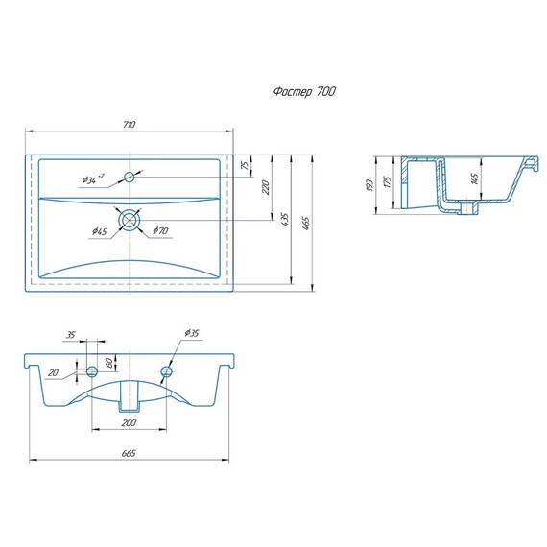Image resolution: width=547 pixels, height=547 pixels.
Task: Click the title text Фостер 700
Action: point(304,92)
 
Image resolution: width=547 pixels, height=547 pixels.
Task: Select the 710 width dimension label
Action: point(130,125)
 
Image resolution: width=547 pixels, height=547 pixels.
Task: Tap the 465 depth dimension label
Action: point(305,224)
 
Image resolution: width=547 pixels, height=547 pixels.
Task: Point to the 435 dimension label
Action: point(285,220)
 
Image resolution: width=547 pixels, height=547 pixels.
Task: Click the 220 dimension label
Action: point(266,187)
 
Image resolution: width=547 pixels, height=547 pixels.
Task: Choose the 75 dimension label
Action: point(246,165)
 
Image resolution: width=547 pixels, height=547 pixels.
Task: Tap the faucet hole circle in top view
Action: point(130,177)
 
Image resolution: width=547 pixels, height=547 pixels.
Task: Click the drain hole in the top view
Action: point(130,220)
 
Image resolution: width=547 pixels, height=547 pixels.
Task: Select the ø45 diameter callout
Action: point(100,231)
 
